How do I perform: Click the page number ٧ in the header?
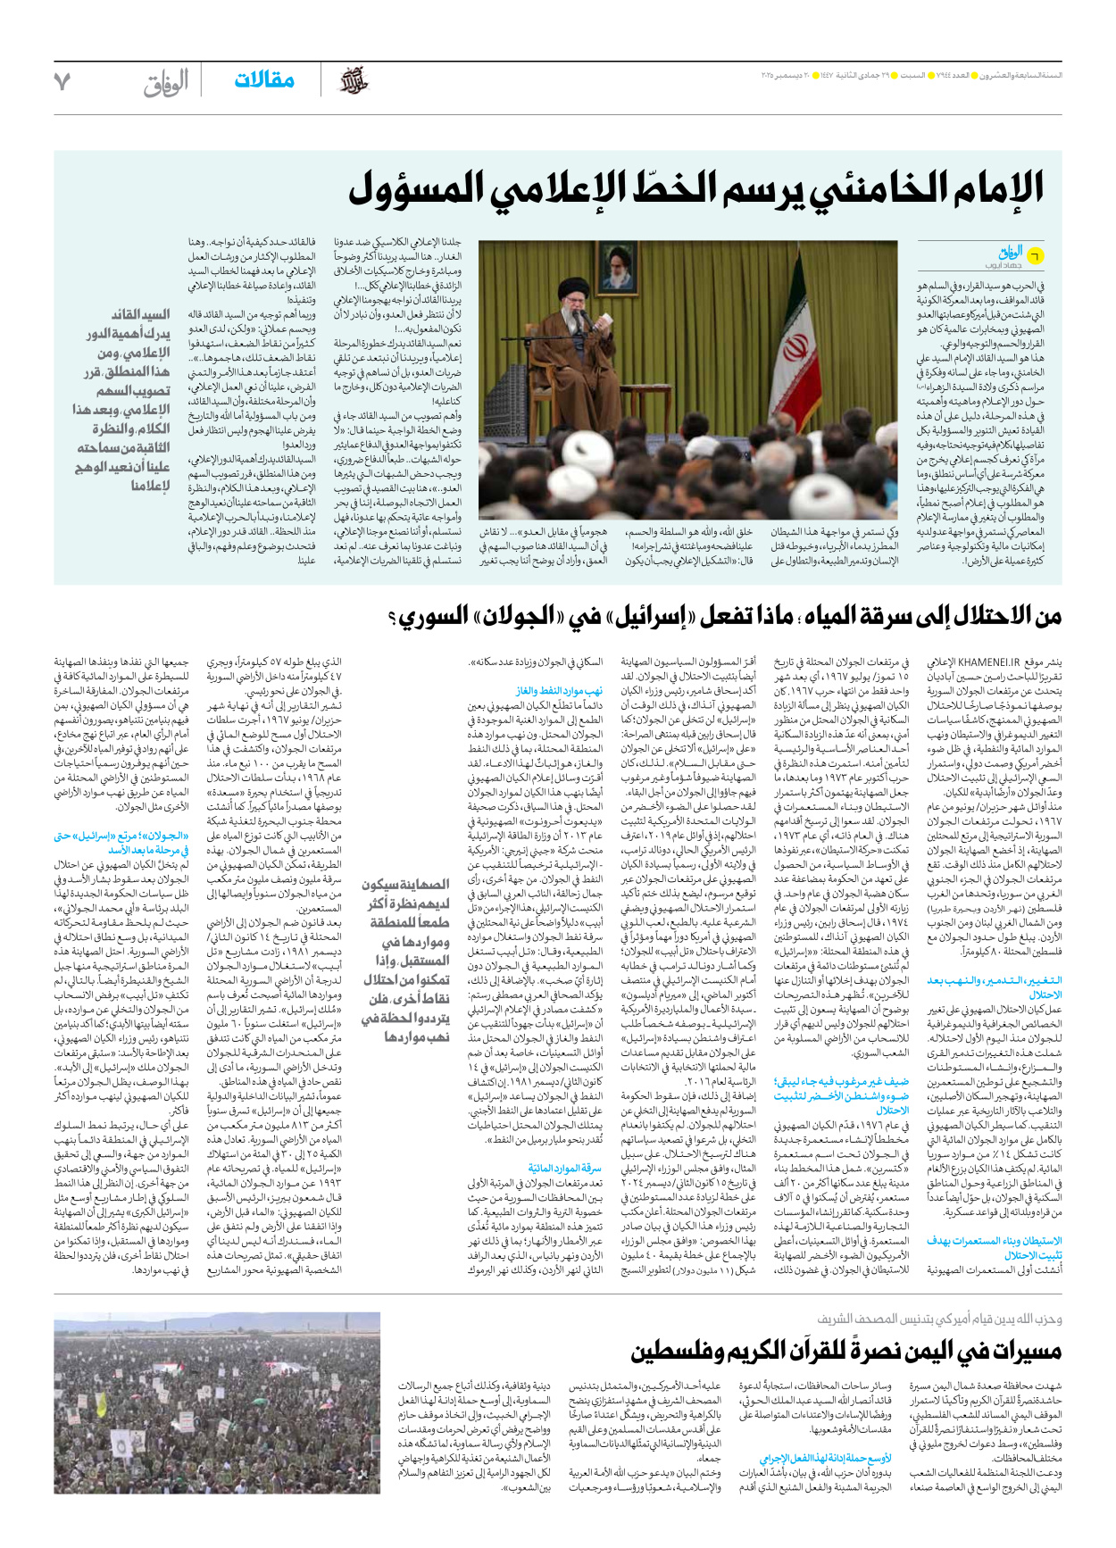pyautogui.click(x=62, y=82)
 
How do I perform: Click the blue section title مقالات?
pyautogui.click(x=264, y=81)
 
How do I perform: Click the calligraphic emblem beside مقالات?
pyautogui.click(x=354, y=82)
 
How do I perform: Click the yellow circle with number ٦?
pyautogui.click(x=1034, y=256)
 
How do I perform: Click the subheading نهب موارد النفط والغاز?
pyautogui.click(x=560, y=691)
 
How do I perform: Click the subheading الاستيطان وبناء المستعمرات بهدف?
pyautogui.click(x=995, y=1241)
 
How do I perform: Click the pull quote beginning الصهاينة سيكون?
pyautogui.click(x=405, y=961)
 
